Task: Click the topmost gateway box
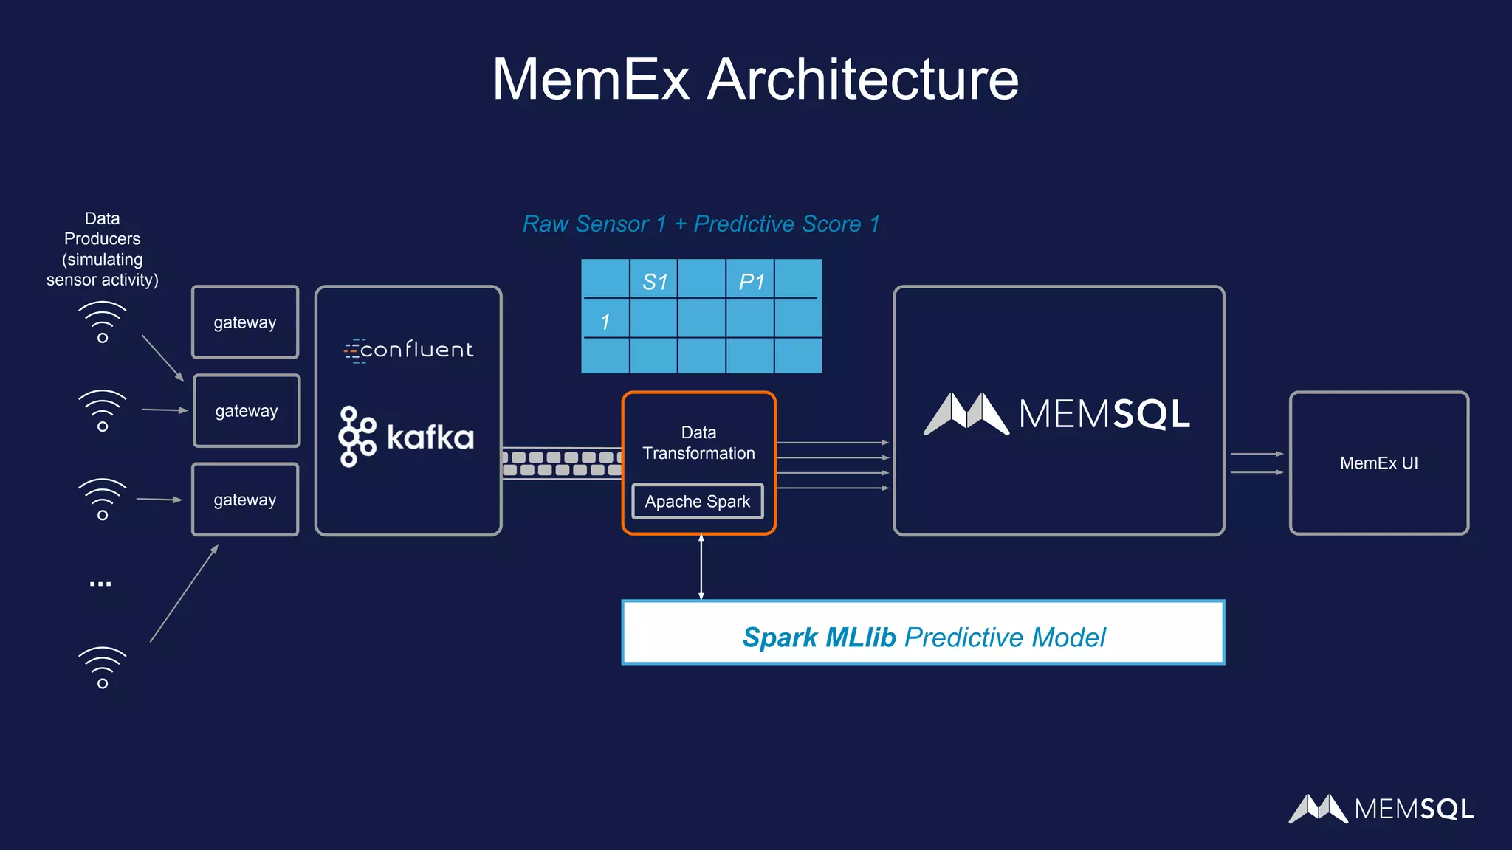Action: point(245,322)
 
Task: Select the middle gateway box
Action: point(247,411)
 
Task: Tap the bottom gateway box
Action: point(245,500)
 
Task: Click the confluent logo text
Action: point(409,350)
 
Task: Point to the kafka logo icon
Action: point(357,437)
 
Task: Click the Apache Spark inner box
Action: point(698,502)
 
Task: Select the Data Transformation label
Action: point(698,443)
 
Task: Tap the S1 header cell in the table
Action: point(654,281)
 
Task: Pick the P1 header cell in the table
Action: point(751,281)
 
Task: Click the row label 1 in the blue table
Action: point(605,322)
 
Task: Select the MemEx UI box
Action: point(1378,463)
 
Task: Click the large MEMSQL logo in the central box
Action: point(1057,413)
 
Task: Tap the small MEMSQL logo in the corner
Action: point(1381,809)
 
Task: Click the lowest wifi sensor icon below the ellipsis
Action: point(103,668)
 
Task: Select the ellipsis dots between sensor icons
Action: point(100,584)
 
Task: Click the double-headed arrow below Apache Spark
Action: point(701,567)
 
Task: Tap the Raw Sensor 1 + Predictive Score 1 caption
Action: point(701,224)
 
